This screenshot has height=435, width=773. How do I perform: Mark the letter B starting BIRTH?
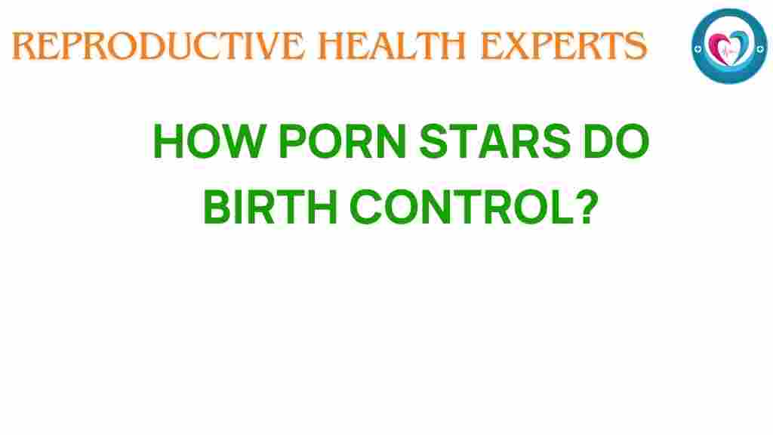[x=217, y=205]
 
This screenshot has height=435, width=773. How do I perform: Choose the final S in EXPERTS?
[x=635, y=47]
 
